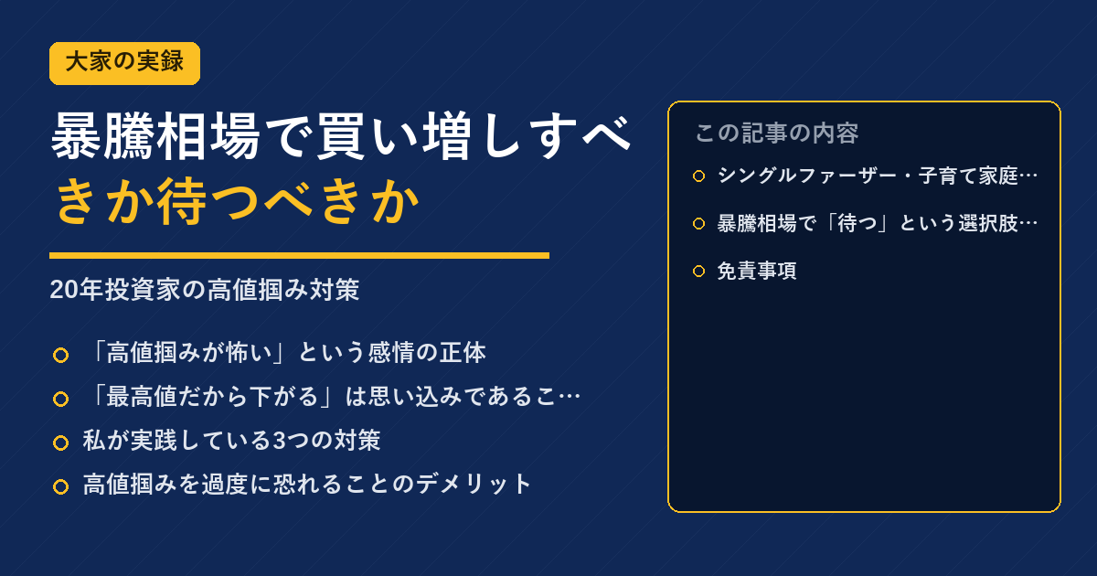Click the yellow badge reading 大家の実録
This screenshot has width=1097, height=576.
pyautogui.click(x=124, y=63)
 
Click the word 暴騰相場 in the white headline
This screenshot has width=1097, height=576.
pyautogui.click(x=155, y=135)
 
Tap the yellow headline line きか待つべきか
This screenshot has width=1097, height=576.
pyautogui.click(x=237, y=201)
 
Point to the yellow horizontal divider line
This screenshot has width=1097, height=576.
pyautogui.click(x=299, y=255)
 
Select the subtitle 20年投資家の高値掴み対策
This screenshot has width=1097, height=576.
pyautogui.click(x=205, y=290)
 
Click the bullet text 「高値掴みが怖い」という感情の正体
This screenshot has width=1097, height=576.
pyautogui.click(x=285, y=353)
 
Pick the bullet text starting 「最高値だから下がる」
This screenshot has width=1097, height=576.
pyautogui.click(x=332, y=397)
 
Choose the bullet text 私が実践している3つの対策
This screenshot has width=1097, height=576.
pyautogui.click(x=231, y=441)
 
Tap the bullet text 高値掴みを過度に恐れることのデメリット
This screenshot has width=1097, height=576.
pyautogui.click(x=307, y=484)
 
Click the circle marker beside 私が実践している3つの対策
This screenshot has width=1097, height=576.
pyautogui.click(x=60, y=443)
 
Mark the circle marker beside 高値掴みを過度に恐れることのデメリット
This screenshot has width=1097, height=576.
pyautogui.click(x=60, y=486)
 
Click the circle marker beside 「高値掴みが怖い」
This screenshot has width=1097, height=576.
pyautogui.click(x=60, y=355)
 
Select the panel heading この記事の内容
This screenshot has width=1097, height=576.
pyautogui.click(x=777, y=133)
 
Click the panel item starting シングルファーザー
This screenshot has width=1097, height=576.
pyautogui.click(x=878, y=176)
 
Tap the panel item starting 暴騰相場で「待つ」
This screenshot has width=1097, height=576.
pyautogui.click(x=878, y=223)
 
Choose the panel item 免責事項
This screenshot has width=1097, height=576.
pyautogui.click(x=757, y=271)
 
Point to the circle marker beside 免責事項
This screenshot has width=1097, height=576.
pyautogui.click(x=698, y=271)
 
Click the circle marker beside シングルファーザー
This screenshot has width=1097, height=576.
pyautogui.click(x=698, y=176)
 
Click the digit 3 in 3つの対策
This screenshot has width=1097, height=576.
pyautogui.click(x=279, y=441)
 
